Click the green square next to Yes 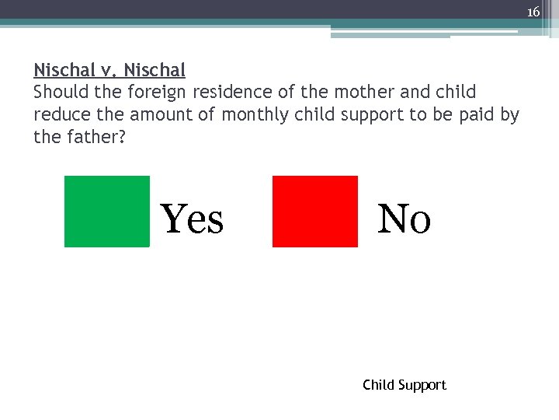point(106,212)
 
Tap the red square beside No point(315,212)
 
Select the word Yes point(192,219)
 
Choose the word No point(404,219)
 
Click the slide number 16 point(533,12)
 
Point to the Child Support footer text point(404,385)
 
